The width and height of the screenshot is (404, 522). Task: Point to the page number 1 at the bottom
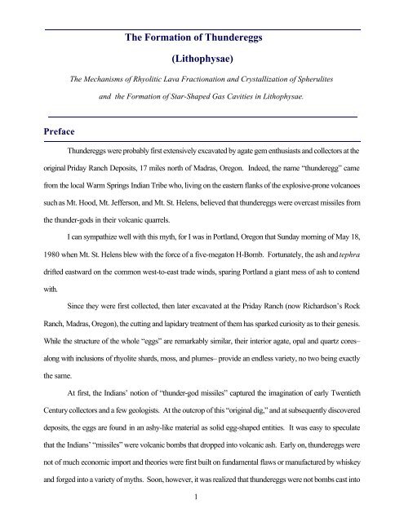[202, 509]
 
